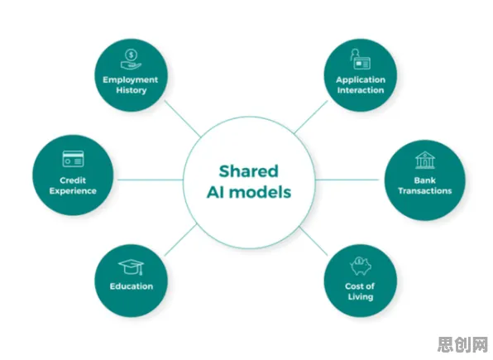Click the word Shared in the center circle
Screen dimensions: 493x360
[248, 171]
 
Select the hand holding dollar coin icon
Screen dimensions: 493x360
[132, 59]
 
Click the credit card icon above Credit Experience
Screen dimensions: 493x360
[73, 159]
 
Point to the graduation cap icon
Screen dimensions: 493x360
[132, 267]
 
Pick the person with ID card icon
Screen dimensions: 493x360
[361, 59]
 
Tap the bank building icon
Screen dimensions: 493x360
[425, 160]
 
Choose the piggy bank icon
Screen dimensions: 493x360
[361, 266]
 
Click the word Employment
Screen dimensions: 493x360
[130, 80]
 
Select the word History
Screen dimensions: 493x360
[132, 90]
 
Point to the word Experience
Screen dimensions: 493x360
[73, 191]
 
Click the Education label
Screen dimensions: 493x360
[132, 286]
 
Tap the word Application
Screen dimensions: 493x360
[361, 80]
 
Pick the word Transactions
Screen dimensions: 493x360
[425, 191]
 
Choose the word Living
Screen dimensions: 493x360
[361, 297]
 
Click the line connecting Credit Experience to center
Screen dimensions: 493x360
[151, 180]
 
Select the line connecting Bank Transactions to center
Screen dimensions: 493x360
[347, 180]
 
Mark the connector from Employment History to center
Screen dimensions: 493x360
[183, 118]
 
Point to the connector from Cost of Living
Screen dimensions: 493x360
[314, 241]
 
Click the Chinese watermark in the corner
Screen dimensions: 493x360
[463, 344]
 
